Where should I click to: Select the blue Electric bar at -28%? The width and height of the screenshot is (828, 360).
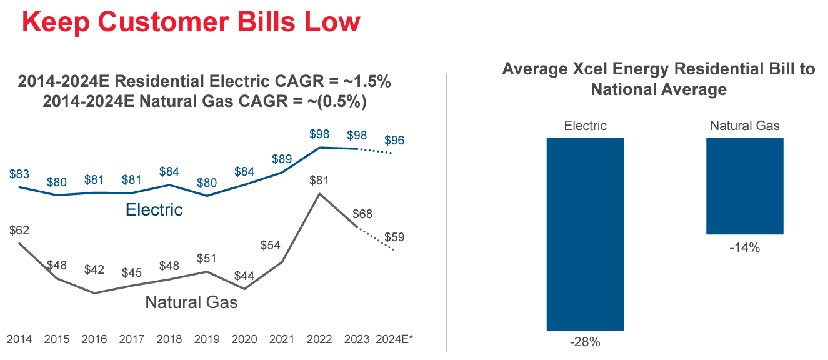coord(585,234)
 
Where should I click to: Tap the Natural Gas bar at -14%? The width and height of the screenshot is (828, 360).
coord(744,186)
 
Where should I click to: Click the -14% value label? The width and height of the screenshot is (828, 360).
coord(744,247)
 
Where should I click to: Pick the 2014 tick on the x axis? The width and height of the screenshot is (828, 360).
coord(19,339)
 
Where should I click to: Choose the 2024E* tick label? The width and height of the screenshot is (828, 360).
coord(395,339)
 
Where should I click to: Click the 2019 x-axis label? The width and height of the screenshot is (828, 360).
coord(207,339)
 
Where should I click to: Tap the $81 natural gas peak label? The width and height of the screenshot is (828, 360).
coord(320,181)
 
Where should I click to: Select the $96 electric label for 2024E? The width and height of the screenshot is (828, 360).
coord(394,141)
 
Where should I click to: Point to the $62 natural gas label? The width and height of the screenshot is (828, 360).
coord(19,230)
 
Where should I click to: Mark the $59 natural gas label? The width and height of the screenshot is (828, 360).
coord(394,237)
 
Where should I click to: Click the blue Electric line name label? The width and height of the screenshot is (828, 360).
coord(154,209)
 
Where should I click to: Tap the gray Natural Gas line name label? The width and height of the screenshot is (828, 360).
coord(191,302)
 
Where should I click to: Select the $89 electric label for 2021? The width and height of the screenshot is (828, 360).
coord(282,159)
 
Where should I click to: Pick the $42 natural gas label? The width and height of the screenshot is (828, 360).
coord(94,270)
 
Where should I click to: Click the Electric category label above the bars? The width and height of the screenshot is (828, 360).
coord(585,126)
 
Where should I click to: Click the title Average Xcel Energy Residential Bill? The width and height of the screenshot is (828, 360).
coord(659,69)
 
